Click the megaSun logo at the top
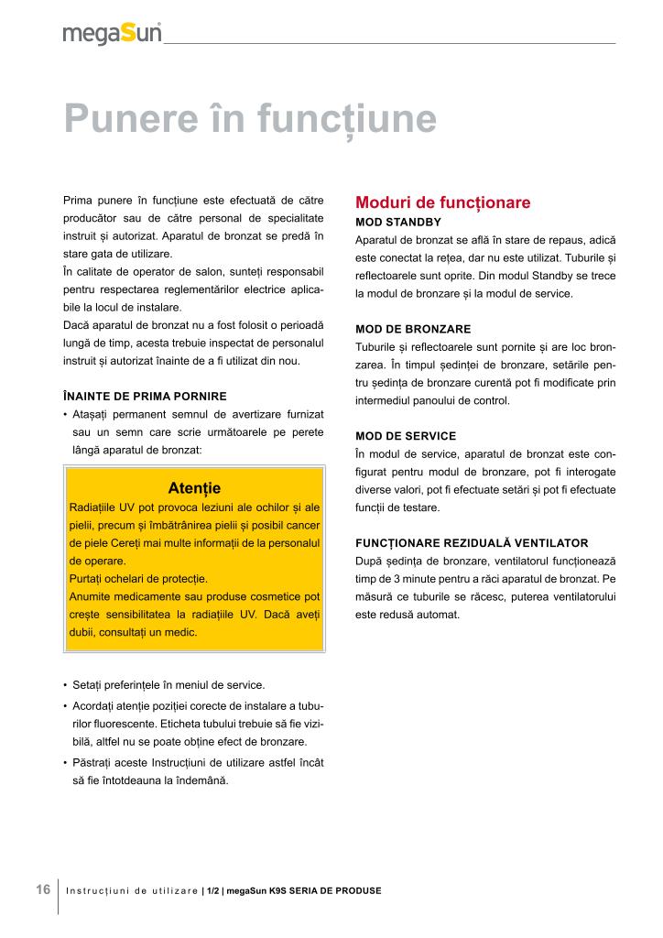(112, 34)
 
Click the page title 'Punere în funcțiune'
(249, 119)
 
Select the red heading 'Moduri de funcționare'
(442, 202)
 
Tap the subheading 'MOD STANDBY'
(398, 223)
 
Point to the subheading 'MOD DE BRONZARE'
(413, 329)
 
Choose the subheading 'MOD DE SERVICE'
(406, 435)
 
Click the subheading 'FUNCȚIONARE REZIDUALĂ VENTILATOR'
(472, 542)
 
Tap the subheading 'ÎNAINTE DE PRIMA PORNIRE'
(145, 396)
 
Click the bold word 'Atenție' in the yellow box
(195, 487)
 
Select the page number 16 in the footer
(43, 889)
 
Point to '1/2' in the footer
(212, 890)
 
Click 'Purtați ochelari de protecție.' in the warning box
(138, 579)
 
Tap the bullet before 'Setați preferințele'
(65, 686)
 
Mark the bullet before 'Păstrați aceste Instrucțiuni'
(65, 763)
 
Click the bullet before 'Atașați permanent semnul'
(65, 414)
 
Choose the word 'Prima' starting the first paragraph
(79, 200)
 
